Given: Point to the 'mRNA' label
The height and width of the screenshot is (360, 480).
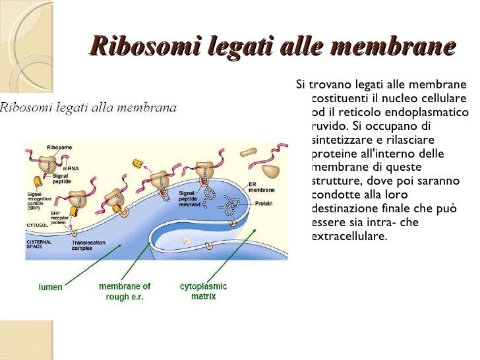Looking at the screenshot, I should point(70,168).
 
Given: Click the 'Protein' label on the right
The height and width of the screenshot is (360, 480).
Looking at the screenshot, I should point(264,204).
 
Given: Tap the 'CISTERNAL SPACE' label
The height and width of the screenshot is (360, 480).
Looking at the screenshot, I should point(39,245).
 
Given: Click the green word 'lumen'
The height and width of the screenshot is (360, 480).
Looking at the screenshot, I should point(51,287).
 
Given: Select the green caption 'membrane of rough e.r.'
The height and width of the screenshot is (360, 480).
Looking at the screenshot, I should point(125,291).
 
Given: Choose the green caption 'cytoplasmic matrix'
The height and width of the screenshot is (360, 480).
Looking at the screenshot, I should point(203,291).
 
